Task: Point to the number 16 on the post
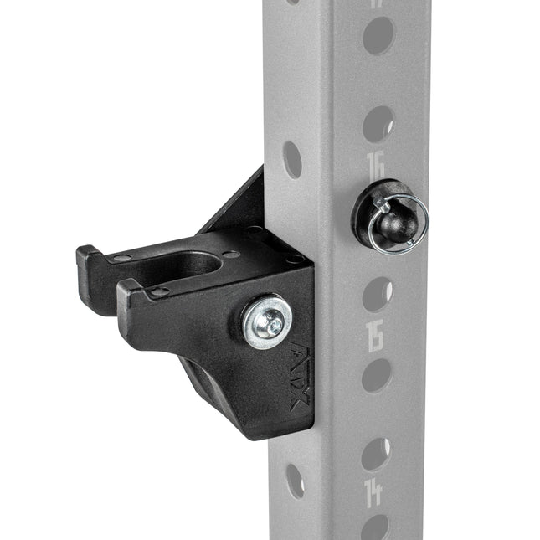click(x=376, y=165)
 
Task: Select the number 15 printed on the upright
click(x=376, y=334)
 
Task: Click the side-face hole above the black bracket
click(x=292, y=159)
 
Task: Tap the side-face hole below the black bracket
click(x=295, y=481)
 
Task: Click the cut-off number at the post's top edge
click(x=378, y=3)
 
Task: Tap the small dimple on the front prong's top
click(x=158, y=291)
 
